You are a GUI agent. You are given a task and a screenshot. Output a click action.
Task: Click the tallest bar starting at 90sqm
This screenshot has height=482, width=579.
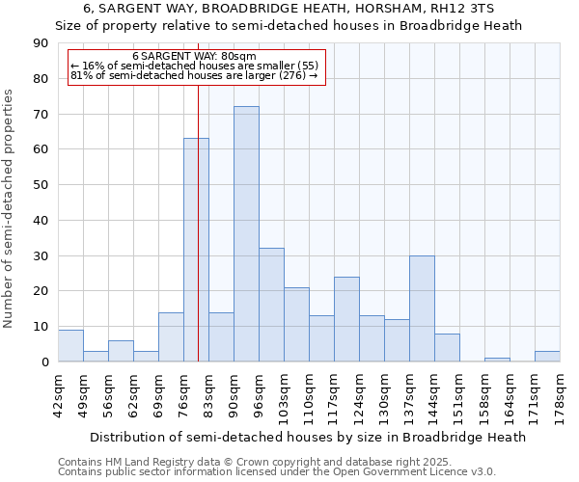point(246,234)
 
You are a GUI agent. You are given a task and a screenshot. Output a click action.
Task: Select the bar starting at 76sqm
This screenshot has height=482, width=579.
point(196,250)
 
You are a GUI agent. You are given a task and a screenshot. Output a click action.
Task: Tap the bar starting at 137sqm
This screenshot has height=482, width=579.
point(422,308)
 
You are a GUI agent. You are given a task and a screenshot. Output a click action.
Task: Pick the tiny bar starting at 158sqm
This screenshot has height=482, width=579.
point(497,360)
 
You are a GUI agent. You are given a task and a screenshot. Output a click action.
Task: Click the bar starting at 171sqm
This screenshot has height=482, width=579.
point(547,357)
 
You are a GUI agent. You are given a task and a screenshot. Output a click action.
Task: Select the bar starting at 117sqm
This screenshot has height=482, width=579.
point(346,319)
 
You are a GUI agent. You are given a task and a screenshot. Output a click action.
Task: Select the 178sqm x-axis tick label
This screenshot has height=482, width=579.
point(560,396)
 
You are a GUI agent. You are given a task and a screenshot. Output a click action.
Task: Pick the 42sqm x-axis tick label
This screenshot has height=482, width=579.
point(58,394)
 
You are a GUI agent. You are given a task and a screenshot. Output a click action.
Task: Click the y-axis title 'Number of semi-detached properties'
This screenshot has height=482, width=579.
point(10,208)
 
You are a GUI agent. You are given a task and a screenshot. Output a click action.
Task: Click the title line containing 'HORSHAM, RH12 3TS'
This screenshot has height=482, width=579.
point(289,8)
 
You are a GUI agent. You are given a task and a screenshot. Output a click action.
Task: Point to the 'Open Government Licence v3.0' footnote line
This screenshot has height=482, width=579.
point(277,471)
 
